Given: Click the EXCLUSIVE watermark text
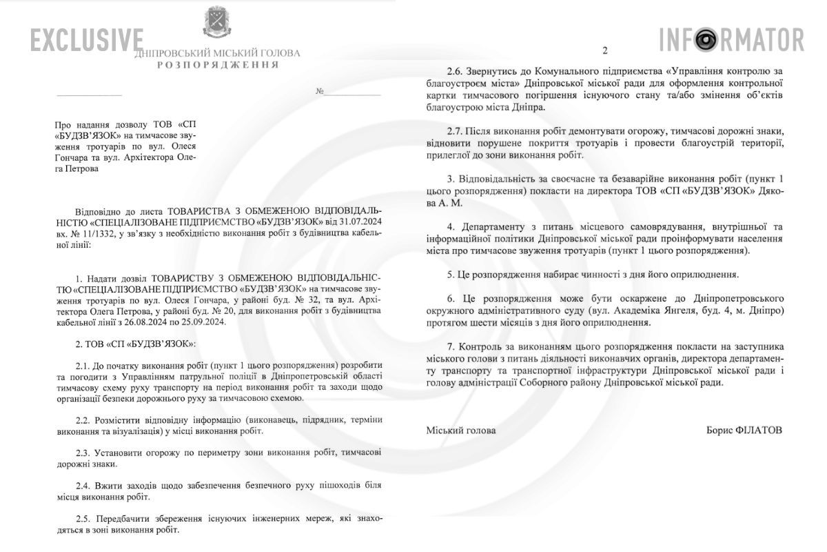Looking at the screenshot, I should pos(87,40).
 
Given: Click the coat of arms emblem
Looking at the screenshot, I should pos(218,23).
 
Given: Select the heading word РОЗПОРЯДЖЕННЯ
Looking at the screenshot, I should pos(218,65).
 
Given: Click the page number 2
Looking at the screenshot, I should pos(605,50).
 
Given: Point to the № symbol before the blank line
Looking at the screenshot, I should pos(320,91).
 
